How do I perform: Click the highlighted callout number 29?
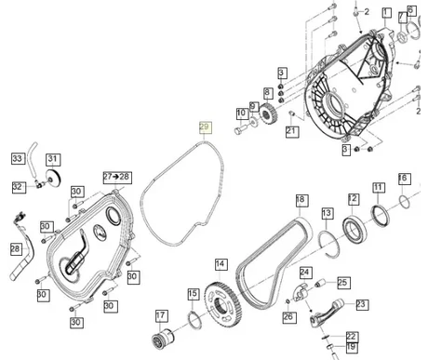(x=205, y=127)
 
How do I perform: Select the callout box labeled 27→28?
(x=117, y=178)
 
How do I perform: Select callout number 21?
(x=292, y=131)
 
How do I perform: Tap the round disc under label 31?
(x=54, y=178)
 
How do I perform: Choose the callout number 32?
(x=19, y=187)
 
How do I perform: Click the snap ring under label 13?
(x=329, y=243)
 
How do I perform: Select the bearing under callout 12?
(x=354, y=229)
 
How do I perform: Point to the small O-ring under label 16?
(x=405, y=202)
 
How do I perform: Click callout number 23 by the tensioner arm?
(x=361, y=304)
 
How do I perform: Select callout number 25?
(x=342, y=283)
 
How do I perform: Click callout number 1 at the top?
(x=386, y=13)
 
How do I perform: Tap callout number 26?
(x=288, y=316)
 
